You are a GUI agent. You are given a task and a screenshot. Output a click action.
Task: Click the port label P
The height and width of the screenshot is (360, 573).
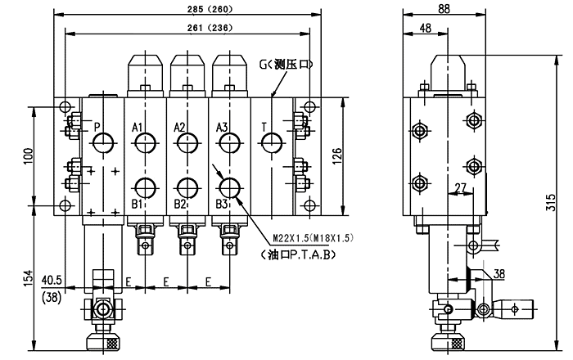point(97,127)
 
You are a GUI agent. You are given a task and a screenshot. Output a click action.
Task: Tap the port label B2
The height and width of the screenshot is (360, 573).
point(180,203)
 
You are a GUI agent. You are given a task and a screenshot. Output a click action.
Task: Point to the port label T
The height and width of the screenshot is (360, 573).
point(264,127)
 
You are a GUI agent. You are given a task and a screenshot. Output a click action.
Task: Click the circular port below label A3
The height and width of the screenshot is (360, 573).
point(228,145)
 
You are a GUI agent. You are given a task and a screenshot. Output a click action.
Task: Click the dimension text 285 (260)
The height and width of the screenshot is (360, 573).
point(187,10)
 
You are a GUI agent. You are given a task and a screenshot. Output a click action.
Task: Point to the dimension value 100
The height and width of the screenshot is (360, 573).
point(27,155)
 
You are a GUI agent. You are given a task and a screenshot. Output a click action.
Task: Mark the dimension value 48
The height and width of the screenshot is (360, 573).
point(426,29)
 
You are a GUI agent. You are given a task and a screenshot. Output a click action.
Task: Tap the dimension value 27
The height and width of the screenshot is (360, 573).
point(459,187)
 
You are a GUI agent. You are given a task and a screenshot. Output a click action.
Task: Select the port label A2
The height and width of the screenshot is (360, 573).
point(181,127)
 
